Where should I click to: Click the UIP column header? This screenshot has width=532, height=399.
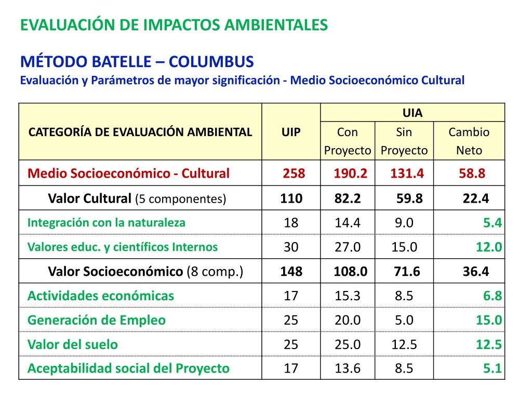click(x=291, y=132)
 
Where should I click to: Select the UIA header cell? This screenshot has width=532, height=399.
click(x=413, y=113)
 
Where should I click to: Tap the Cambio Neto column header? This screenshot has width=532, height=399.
click(x=469, y=141)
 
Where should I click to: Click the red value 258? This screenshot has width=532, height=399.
click(x=294, y=174)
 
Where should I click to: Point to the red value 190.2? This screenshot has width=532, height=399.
click(x=350, y=174)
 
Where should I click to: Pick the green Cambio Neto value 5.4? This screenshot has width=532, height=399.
click(x=491, y=223)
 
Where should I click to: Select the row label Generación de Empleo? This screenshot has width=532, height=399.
click(x=97, y=320)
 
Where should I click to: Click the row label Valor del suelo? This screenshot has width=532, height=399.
click(x=73, y=344)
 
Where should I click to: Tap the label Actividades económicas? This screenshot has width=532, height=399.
click(x=101, y=296)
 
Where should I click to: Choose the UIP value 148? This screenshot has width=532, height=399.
click(x=291, y=271)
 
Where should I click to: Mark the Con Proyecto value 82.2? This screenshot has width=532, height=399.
click(x=348, y=198)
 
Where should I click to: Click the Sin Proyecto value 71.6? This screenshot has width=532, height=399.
click(x=405, y=271)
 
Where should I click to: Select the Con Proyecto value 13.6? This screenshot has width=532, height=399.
click(x=348, y=369)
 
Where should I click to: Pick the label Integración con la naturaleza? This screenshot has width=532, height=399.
click(x=107, y=223)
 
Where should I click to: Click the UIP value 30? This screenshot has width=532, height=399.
click(x=291, y=247)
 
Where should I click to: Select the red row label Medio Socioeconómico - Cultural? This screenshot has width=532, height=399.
click(x=128, y=174)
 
